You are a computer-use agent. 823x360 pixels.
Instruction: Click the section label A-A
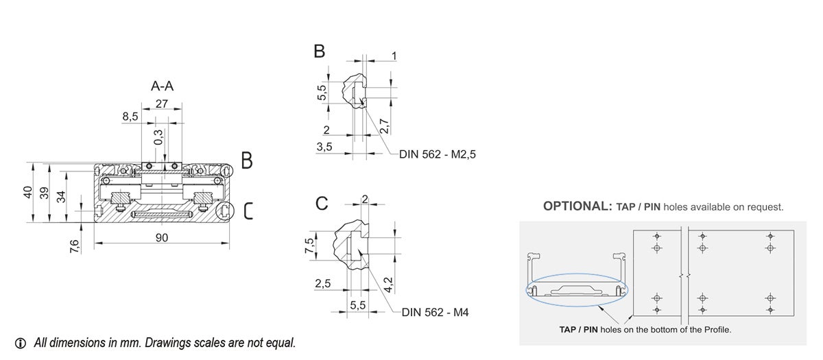(x=162, y=86)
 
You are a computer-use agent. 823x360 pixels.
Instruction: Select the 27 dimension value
(x=162, y=104)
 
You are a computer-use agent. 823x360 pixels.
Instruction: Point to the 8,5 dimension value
(x=130, y=117)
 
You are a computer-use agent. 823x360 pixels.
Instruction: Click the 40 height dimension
(x=28, y=193)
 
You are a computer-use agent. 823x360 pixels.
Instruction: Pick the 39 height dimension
(x=45, y=194)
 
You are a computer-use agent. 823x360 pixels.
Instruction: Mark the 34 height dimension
(x=61, y=197)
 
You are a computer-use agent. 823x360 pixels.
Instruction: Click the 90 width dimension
(x=162, y=237)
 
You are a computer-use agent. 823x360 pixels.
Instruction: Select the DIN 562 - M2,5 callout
(x=437, y=155)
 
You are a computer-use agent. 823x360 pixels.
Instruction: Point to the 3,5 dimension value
(x=324, y=147)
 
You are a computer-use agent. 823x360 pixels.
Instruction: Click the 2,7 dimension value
(x=384, y=125)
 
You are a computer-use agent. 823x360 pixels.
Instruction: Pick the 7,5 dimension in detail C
(x=309, y=245)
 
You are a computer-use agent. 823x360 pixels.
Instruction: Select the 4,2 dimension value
(x=387, y=284)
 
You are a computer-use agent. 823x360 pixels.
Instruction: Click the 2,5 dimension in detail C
(x=323, y=284)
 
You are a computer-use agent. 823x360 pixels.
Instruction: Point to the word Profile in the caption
(x=713, y=330)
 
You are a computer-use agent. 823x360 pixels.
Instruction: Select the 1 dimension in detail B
(x=394, y=56)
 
